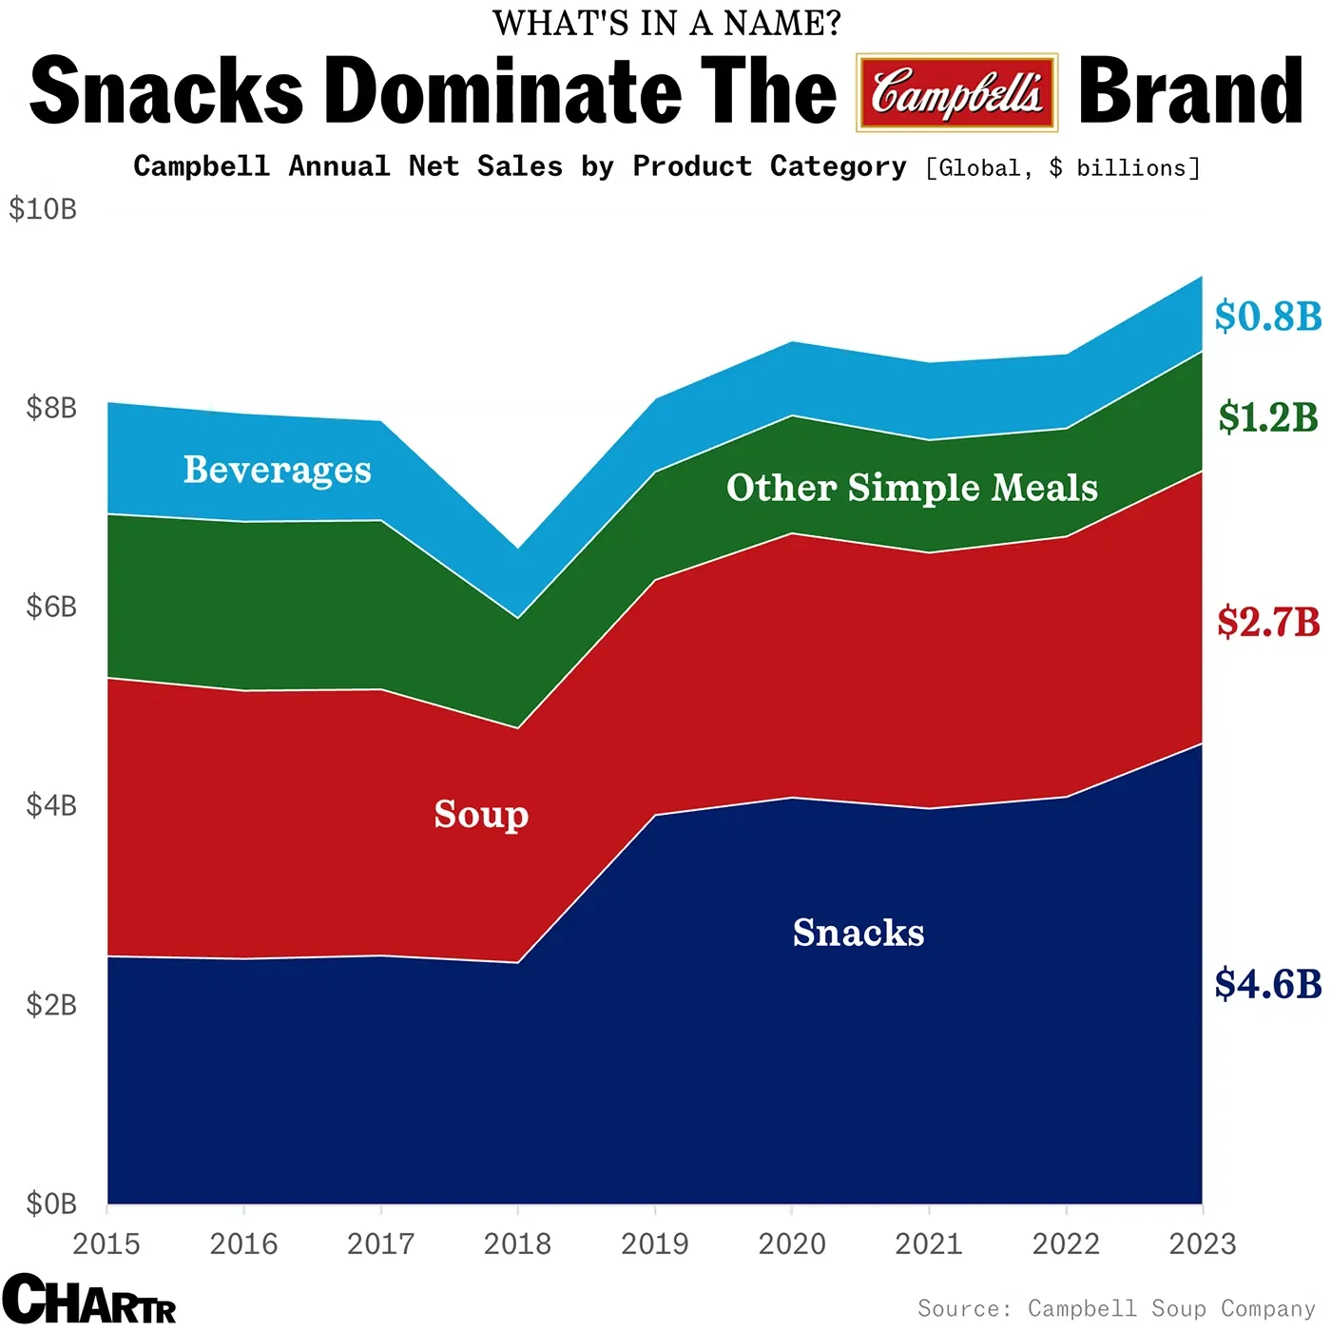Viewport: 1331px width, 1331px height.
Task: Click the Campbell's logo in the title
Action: point(956,92)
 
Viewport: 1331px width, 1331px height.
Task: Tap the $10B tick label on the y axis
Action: point(43,209)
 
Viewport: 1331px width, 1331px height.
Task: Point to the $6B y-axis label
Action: point(51,607)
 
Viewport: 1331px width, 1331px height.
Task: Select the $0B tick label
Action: point(51,1204)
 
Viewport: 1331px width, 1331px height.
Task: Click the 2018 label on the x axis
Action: point(517,1244)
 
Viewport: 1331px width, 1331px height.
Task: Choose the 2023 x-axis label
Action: point(1202,1244)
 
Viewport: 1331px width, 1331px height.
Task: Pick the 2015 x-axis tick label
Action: point(106,1244)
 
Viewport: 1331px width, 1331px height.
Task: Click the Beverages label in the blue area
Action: point(277,470)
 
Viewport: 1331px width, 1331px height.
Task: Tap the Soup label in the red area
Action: point(481,815)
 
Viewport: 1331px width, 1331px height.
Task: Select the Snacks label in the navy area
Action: point(858,933)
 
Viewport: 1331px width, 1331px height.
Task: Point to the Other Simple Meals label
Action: point(912,488)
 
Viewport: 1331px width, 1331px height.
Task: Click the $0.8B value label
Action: point(1267,316)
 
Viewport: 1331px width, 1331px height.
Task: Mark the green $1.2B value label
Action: point(1267,417)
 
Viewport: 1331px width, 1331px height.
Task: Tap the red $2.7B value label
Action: point(1267,622)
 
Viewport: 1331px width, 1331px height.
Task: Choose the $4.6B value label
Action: point(1267,984)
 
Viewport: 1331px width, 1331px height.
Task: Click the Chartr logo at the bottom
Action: point(88,1299)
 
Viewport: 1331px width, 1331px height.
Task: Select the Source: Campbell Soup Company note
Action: point(1116,1308)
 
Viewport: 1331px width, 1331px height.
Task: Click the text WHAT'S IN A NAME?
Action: point(666,23)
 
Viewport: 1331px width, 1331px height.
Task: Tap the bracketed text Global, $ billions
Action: point(1063,168)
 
